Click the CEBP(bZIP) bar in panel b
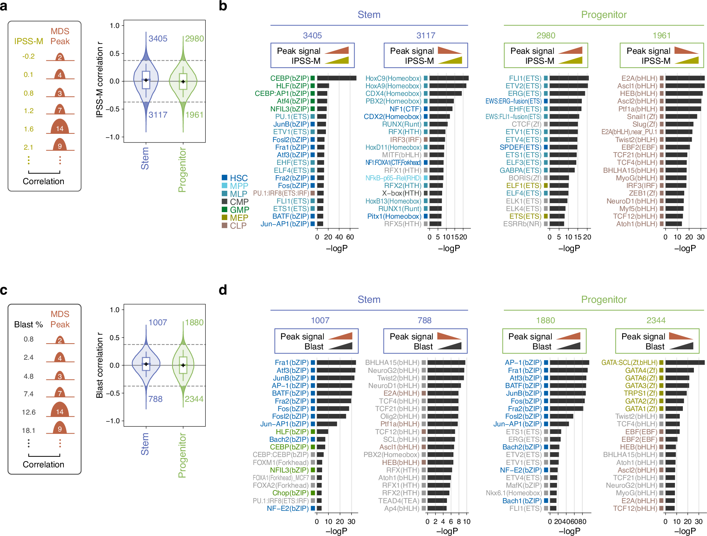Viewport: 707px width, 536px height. (x=336, y=78)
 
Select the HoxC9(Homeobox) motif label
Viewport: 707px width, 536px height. (x=393, y=78)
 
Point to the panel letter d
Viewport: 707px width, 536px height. (x=223, y=290)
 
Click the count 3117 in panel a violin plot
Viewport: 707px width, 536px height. (x=158, y=115)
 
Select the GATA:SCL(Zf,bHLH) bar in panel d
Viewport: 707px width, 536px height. (x=685, y=363)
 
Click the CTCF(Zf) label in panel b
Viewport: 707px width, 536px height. (x=526, y=124)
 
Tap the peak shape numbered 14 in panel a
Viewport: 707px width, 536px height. (x=60, y=129)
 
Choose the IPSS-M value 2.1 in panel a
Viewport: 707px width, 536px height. (x=29, y=147)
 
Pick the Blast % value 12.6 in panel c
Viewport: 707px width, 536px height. (x=29, y=412)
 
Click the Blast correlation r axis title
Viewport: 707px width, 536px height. (x=100, y=366)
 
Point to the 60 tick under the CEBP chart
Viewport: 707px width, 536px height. (x=350, y=237)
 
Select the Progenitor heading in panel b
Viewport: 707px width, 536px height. (x=604, y=15)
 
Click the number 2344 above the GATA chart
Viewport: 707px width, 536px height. (x=656, y=320)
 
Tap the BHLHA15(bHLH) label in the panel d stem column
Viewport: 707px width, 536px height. (x=392, y=363)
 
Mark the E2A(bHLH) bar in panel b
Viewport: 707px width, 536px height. (x=685, y=78)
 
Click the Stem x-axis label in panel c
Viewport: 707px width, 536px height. (x=145, y=444)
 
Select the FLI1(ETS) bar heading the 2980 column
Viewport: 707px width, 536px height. (x=569, y=78)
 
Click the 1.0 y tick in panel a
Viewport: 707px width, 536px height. (x=114, y=26)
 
